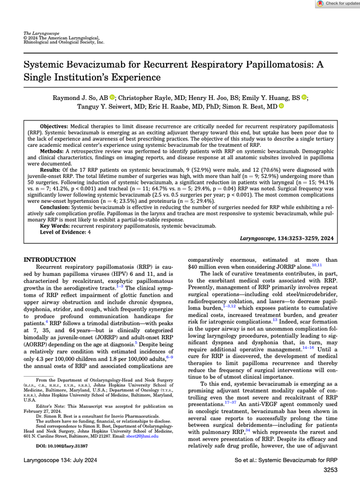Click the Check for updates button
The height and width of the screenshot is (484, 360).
pos(338,3)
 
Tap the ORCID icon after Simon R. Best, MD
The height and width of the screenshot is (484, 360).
pos(281,106)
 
